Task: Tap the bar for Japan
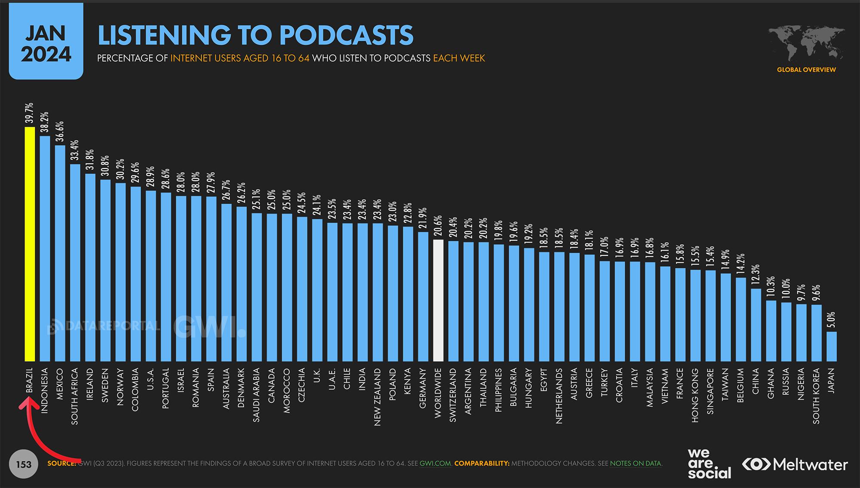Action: pos(832,346)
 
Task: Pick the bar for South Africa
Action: pos(75,262)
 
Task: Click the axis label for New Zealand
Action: pos(378,397)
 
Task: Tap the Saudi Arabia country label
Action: pos(256,395)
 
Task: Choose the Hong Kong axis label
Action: pos(695,395)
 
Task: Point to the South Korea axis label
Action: pos(816,396)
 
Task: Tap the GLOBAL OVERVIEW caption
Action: pos(806,70)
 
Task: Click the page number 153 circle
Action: pos(24,464)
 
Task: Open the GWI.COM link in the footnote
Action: pos(435,463)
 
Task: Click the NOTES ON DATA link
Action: pos(636,463)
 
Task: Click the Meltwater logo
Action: pos(795,464)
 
